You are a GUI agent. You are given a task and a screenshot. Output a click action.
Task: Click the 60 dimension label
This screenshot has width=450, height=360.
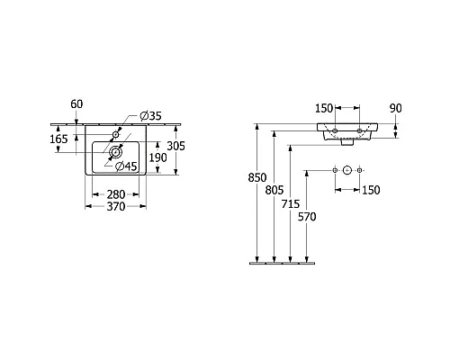point(76,104)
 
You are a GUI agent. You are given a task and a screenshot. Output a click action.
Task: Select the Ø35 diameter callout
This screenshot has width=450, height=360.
point(151,115)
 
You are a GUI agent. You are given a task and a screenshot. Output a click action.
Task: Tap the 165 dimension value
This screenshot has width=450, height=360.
point(58,139)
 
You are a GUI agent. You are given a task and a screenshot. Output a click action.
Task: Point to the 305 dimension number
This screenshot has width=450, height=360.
point(176,146)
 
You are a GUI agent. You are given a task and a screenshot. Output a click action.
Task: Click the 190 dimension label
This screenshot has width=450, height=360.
point(158,157)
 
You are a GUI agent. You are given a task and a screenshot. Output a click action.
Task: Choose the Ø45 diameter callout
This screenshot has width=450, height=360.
point(126,166)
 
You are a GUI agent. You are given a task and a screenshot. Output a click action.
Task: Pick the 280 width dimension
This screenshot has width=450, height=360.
point(116,194)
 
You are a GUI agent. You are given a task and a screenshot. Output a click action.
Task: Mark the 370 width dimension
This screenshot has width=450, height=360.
point(116,206)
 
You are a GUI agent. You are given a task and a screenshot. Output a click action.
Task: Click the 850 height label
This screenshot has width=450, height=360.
point(257,177)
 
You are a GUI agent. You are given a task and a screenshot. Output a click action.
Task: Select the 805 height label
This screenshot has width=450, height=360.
point(274,190)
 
